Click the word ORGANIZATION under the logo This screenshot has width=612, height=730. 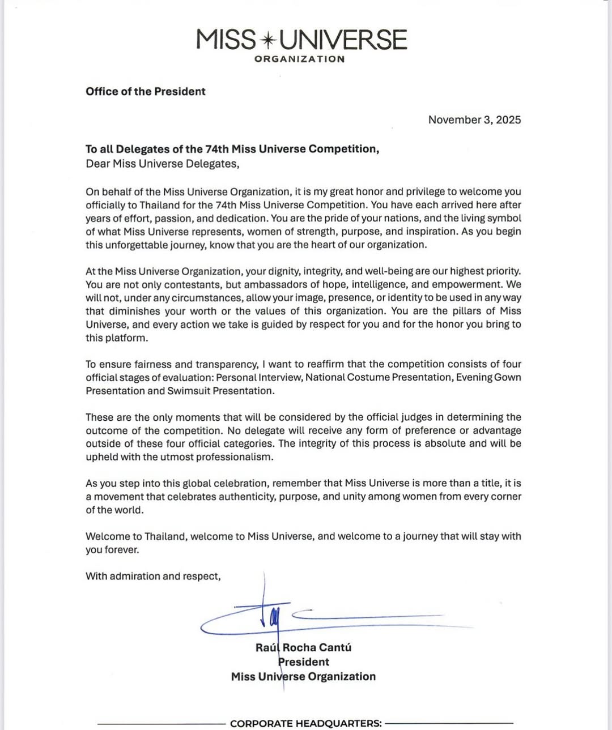[299, 59]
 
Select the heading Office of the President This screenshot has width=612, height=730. [145, 92]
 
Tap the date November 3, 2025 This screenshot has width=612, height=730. [474, 119]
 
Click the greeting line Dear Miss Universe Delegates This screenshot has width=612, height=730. [163, 164]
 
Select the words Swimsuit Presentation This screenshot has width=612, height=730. [220, 391]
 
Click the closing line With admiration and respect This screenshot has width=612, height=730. [153, 577]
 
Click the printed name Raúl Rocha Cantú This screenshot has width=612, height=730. [303, 648]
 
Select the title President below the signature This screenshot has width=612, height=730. [304, 662]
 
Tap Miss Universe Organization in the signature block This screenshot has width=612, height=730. [303, 677]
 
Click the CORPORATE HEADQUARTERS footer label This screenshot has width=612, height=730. [306, 724]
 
